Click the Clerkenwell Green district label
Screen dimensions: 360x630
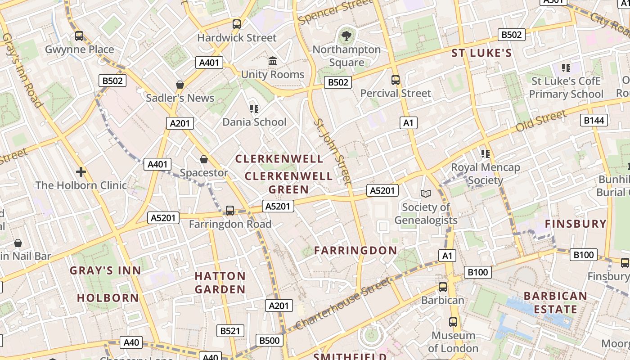point(288,183)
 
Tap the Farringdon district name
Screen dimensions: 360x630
point(355,251)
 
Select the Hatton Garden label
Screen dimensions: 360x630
point(220,283)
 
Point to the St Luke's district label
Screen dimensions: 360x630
point(481,53)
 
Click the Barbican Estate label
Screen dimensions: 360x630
point(555,303)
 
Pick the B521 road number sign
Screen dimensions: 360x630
point(230,331)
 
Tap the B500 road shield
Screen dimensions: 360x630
point(270,340)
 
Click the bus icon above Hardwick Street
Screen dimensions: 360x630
point(237,24)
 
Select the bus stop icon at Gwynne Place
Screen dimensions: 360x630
point(79,36)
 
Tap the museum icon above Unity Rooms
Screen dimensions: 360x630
point(273,61)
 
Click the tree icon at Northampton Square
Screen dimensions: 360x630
point(346,36)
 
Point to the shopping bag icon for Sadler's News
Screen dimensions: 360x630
point(180,85)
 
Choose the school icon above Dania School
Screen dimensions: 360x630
point(254,109)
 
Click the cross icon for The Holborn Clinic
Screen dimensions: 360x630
point(81,172)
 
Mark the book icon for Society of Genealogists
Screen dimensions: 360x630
point(425,193)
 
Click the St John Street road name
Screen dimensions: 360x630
point(332,152)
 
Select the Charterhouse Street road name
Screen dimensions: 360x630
point(343,303)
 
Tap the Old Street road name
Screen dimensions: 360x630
point(541,121)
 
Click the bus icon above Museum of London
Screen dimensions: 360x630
point(453,322)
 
